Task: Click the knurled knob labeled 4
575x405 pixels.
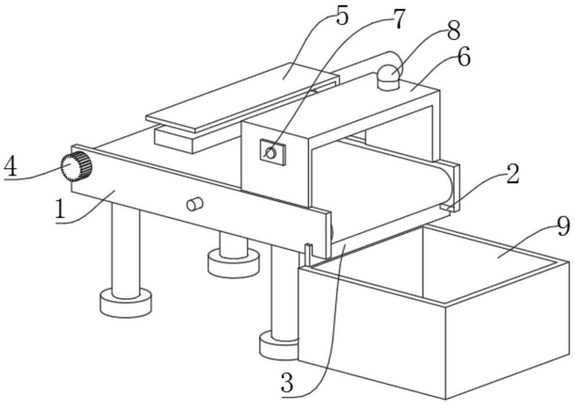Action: (76, 167)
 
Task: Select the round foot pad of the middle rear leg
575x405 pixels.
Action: (233, 264)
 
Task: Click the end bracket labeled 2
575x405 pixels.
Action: (450, 186)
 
